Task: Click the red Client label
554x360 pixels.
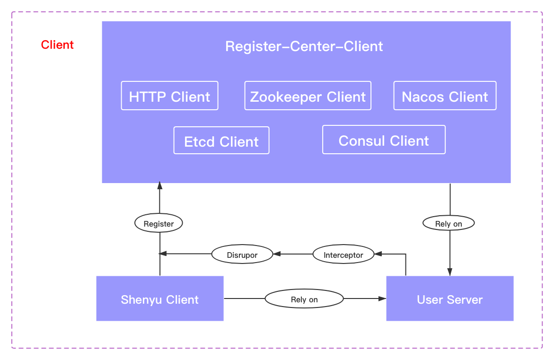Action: [x=57, y=45]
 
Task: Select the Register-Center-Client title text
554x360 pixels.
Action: [x=304, y=46]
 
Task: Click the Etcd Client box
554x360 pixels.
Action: [x=221, y=140]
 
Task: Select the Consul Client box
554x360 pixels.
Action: [x=384, y=140]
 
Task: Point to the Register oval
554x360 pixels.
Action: [x=158, y=223]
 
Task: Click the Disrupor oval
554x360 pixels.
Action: [x=242, y=255]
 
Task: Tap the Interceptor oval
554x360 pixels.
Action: [x=343, y=255]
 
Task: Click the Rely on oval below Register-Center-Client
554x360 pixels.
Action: [x=448, y=223]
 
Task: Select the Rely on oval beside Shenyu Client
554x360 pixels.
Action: [x=304, y=299]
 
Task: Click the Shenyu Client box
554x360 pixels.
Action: [x=160, y=299]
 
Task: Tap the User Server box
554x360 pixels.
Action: [x=449, y=299]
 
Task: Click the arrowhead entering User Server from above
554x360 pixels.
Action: [x=449, y=272]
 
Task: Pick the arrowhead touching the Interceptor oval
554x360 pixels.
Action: [x=378, y=254]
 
